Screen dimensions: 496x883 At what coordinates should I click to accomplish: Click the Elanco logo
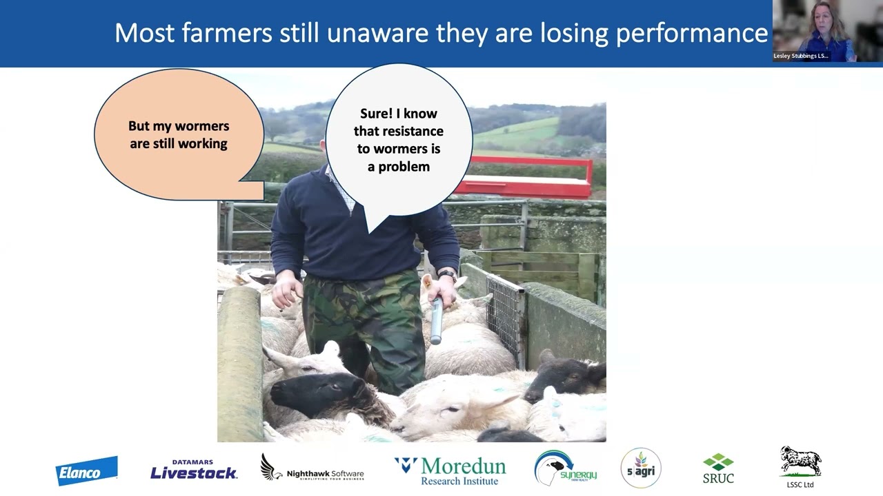point(86,472)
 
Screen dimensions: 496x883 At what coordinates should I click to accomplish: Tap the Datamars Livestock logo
point(194,470)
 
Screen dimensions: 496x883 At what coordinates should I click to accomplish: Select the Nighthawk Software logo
point(312,468)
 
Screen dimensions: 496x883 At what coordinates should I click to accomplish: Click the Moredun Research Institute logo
point(450,471)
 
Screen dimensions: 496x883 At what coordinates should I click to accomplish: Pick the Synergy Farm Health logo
point(565,468)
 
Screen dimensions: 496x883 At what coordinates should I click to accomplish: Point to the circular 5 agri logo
point(641,468)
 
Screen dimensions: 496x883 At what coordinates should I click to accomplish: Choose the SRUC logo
point(718,468)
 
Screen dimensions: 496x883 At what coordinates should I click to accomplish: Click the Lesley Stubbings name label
point(801,56)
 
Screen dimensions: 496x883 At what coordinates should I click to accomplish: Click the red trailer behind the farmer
point(531,180)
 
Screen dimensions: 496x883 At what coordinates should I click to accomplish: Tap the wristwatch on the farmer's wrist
point(447,274)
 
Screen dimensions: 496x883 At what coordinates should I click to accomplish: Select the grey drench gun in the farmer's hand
point(436,320)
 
